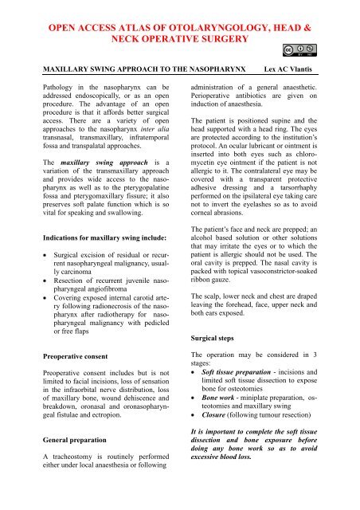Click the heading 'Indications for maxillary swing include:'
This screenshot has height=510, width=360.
pos(95,236)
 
